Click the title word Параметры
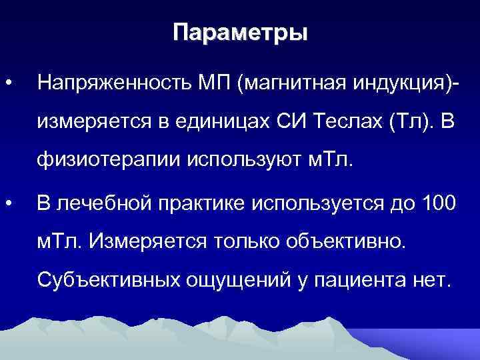(240, 33)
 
